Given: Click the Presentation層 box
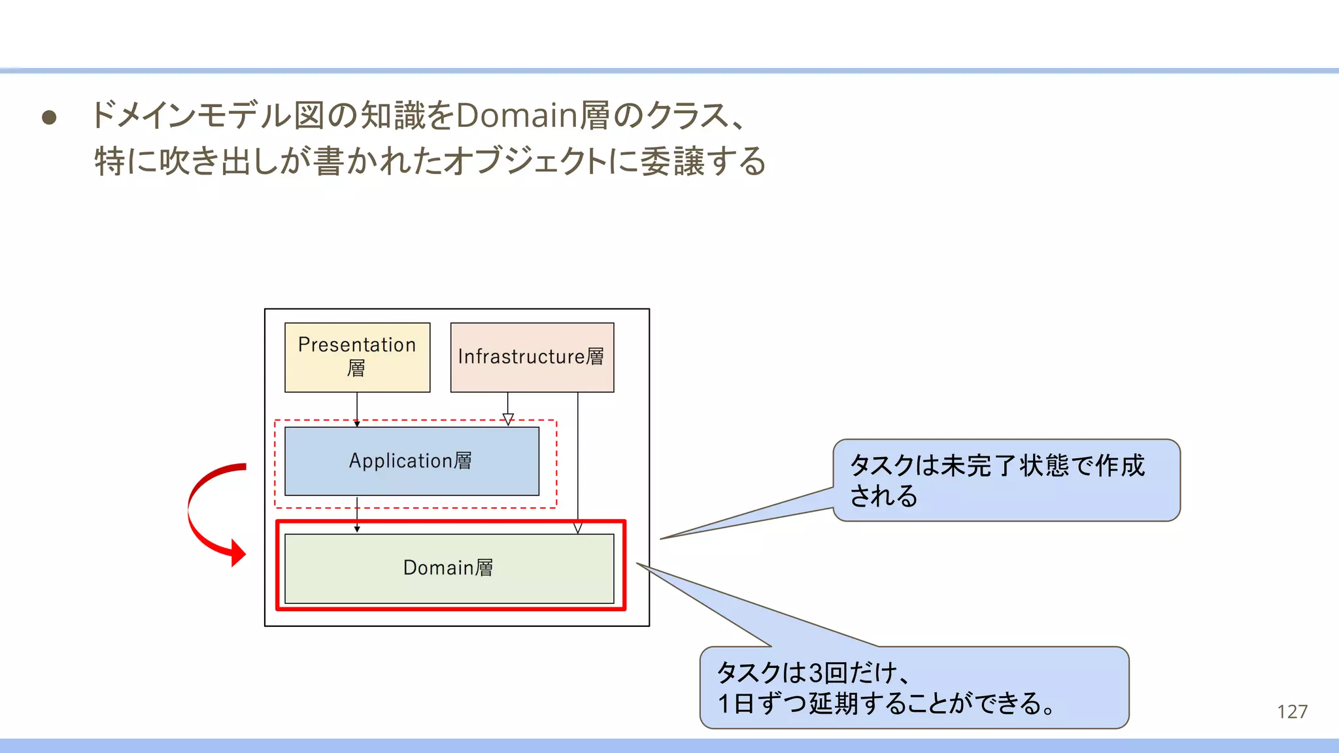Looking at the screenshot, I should pos(357,357).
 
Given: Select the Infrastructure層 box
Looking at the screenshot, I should pos(532,357).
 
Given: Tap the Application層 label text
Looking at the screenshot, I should pos(410,461).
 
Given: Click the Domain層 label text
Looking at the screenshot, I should pos(448,567).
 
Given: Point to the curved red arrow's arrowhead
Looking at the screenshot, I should pos(239,553).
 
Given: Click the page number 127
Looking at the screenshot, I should pos(1292,711).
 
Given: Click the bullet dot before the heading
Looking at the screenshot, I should pos(49,118).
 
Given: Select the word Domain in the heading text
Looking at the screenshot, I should pos(516,116).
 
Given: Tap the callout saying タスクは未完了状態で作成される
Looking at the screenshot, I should pos(1006,480).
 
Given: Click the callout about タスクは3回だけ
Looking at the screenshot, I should pos(913,688).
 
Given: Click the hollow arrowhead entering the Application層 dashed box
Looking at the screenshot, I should pos(508,419).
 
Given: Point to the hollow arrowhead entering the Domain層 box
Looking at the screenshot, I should pos(577,528).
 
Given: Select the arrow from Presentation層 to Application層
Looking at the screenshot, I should pos(357,409).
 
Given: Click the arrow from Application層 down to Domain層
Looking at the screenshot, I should pos(357,514).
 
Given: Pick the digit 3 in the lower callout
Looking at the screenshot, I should pos(815,673).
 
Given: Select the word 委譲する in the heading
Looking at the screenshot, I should pos(703,161).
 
